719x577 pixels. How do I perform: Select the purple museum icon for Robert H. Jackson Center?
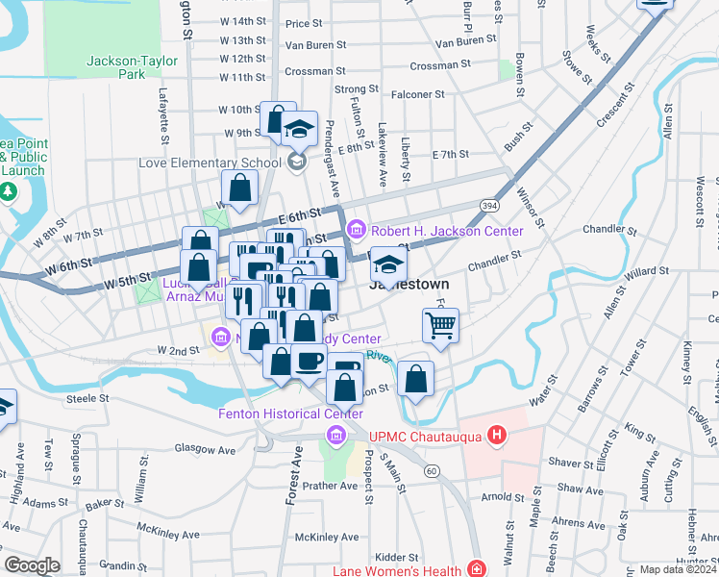pos(357,230)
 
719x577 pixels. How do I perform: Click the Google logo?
pos(32,565)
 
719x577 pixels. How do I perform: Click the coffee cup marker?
pos(309,362)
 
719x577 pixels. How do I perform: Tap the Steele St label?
pos(84,397)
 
